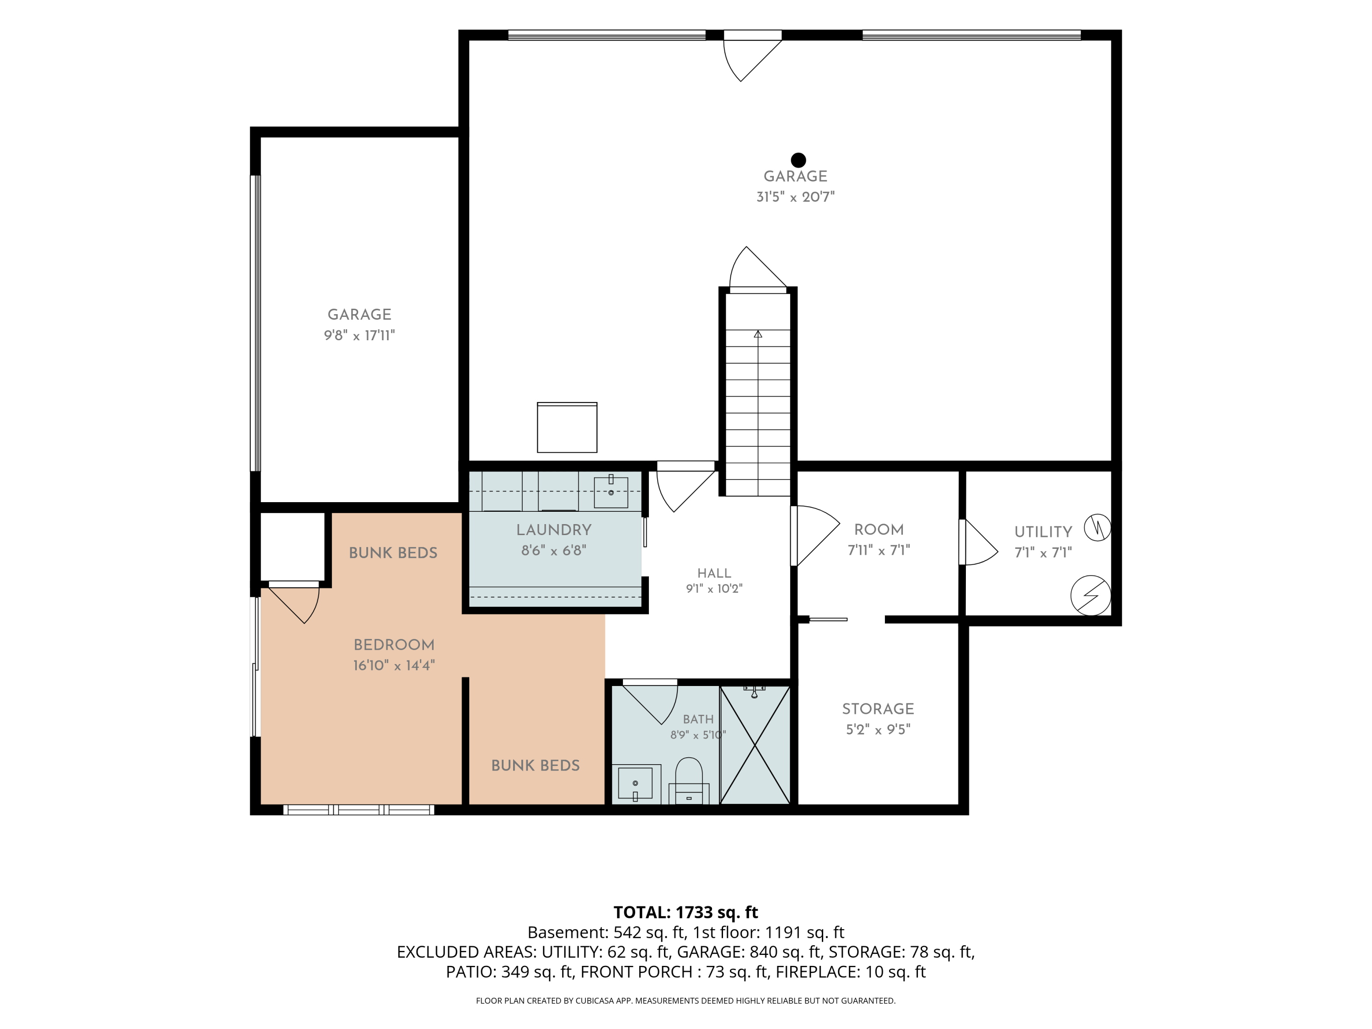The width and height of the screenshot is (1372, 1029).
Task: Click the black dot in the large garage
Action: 798,160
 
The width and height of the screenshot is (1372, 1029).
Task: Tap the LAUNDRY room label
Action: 554,530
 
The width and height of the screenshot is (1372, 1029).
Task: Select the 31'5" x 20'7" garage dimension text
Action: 795,197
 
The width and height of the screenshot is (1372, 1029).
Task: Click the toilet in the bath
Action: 688,780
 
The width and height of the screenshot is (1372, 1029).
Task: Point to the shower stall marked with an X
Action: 755,745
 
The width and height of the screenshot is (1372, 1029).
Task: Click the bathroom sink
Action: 636,783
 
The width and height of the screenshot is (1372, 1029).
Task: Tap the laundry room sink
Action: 611,492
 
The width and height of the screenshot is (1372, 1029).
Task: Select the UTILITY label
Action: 1043,531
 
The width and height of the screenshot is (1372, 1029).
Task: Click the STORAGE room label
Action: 878,708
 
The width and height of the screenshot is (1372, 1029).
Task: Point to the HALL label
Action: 714,573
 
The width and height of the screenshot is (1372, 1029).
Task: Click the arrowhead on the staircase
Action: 758,334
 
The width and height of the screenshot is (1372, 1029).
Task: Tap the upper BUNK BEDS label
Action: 393,552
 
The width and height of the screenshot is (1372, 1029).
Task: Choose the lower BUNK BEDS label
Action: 535,766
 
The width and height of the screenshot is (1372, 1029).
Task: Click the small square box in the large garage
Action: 567,427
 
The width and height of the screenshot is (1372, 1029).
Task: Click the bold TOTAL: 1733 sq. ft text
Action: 686,912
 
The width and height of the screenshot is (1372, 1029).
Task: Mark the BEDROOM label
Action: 394,644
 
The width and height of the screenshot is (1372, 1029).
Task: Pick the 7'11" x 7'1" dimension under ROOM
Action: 879,550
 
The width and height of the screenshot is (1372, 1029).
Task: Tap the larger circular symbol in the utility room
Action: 1090,595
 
